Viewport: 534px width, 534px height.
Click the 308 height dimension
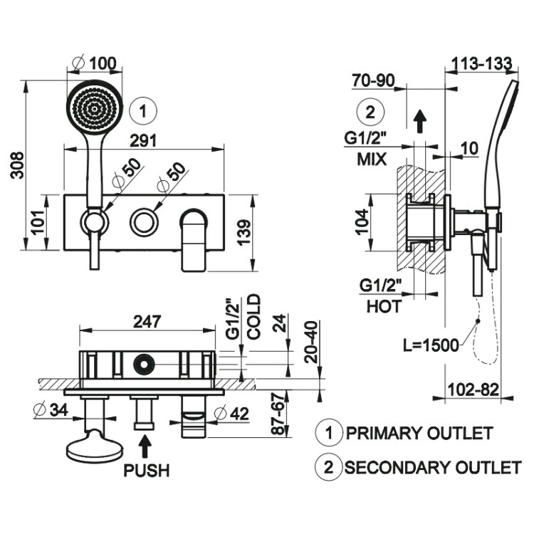pyautogui.click(x=15, y=165)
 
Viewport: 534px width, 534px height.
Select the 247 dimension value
pyautogui.click(x=147, y=321)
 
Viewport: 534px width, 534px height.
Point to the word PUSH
pyautogui.click(x=147, y=471)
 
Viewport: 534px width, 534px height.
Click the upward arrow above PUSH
pyautogui.click(x=145, y=446)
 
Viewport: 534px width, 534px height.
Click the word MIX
pyautogui.click(x=371, y=159)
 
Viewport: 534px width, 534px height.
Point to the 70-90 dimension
pyautogui.click(x=372, y=80)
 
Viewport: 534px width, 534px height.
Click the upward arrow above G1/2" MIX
pyautogui.click(x=420, y=122)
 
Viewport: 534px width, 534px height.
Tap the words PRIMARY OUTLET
pyautogui.click(x=419, y=432)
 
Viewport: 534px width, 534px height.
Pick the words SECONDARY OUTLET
pyautogui.click(x=432, y=467)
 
